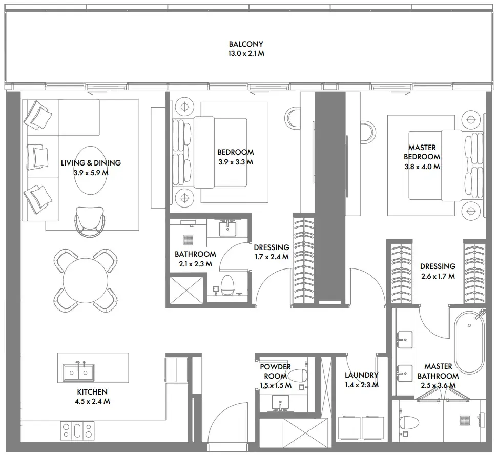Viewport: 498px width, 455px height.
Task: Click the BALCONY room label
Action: (246, 45)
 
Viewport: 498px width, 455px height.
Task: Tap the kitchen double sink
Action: (78, 370)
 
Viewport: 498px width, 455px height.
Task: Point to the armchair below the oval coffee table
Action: (91, 222)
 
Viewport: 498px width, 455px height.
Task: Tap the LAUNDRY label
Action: (361, 375)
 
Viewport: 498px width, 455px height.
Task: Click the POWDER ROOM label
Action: (275, 371)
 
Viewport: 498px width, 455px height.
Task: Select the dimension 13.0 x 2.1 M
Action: (246, 53)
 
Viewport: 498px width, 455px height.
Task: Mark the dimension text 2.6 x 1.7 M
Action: (438, 276)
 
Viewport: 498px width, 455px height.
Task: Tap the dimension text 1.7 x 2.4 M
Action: (271, 257)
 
